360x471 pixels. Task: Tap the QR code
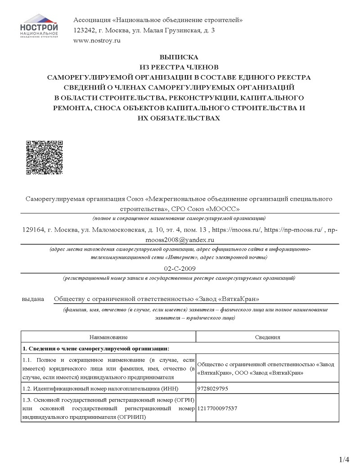coord(44,157)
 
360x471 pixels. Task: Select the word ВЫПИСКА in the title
coord(179,58)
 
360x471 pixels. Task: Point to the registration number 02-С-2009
coord(179,268)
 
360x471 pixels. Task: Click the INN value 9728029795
coord(213,388)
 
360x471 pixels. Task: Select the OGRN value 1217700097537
coord(217,408)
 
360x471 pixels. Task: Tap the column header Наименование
coord(108,337)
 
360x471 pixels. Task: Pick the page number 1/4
coord(344,459)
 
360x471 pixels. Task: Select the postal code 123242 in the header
coord(83,30)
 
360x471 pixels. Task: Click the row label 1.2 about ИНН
coord(108,388)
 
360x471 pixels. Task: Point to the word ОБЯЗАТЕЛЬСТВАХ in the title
coord(179,118)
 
